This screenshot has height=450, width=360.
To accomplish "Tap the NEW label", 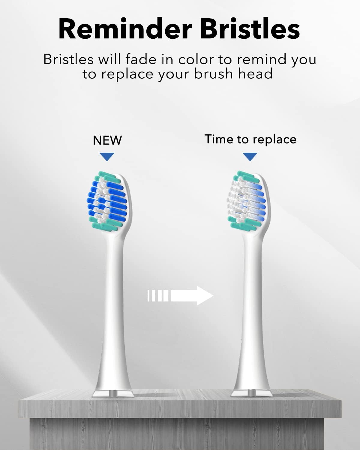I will (107, 140).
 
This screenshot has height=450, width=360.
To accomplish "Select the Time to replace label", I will (250, 139).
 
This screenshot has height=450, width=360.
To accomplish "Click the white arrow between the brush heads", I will (180, 296).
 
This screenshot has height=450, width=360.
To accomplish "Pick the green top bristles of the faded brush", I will (244, 176).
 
